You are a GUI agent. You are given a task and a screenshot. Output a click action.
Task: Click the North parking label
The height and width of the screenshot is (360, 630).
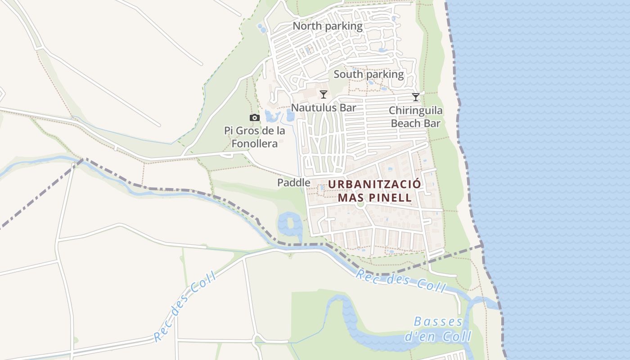pyautogui.click(x=328, y=26)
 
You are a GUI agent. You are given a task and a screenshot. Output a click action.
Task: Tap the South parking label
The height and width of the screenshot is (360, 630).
pyautogui.click(x=369, y=74)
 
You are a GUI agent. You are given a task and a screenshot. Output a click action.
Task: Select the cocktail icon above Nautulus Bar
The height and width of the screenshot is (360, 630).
pyautogui.click(x=323, y=94)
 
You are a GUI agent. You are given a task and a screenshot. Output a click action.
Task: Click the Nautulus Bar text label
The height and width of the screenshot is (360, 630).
pyautogui.click(x=323, y=108)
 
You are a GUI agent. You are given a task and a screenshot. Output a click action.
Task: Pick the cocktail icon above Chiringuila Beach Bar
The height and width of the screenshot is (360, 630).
pyautogui.click(x=416, y=97)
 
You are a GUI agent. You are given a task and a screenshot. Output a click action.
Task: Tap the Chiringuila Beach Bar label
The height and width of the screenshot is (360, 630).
pyautogui.click(x=415, y=117)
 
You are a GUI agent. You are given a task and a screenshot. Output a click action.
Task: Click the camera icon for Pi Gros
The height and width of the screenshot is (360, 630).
pyautogui.click(x=255, y=118)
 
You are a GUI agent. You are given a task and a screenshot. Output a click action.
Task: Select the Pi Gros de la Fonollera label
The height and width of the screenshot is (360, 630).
pyautogui.click(x=255, y=137)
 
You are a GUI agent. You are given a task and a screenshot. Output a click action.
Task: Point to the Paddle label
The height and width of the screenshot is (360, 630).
pyautogui.click(x=293, y=183)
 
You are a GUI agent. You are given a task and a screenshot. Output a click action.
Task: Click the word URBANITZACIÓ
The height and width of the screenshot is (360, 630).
pyautogui.click(x=375, y=184)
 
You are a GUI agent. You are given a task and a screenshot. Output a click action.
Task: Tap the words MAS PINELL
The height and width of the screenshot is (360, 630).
pyautogui.click(x=375, y=198)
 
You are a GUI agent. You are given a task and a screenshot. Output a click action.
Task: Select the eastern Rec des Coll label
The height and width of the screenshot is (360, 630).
pyautogui.click(x=400, y=281)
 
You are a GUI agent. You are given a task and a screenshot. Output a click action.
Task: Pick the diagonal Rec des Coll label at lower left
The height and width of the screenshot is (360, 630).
pyautogui.click(x=184, y=307)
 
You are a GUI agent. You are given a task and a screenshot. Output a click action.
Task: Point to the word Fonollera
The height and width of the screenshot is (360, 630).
pyautogui.click(x=255, y=144)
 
